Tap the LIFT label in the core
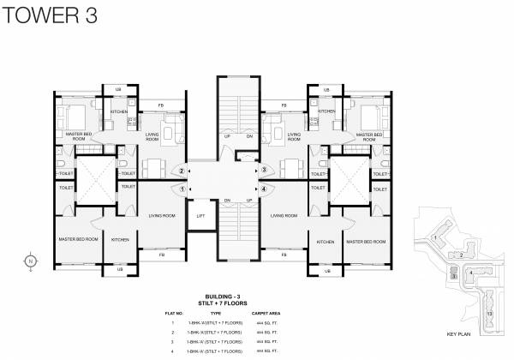201,216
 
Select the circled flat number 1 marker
182,189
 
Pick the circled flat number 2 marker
182,170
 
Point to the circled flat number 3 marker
264,170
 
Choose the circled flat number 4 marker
264,189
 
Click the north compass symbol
30,261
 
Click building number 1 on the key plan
435,237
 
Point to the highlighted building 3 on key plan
453,276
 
